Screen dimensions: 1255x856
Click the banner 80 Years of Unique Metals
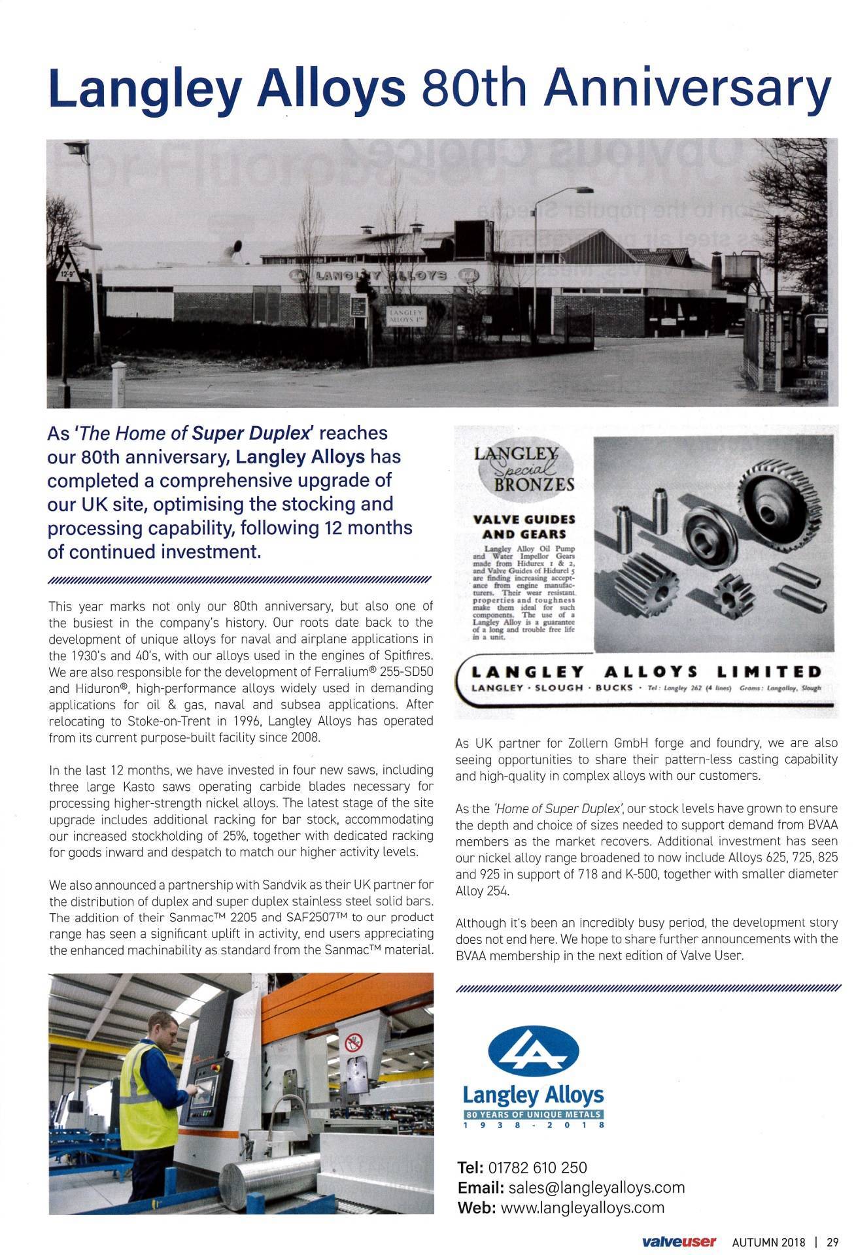coord(534,1115)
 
